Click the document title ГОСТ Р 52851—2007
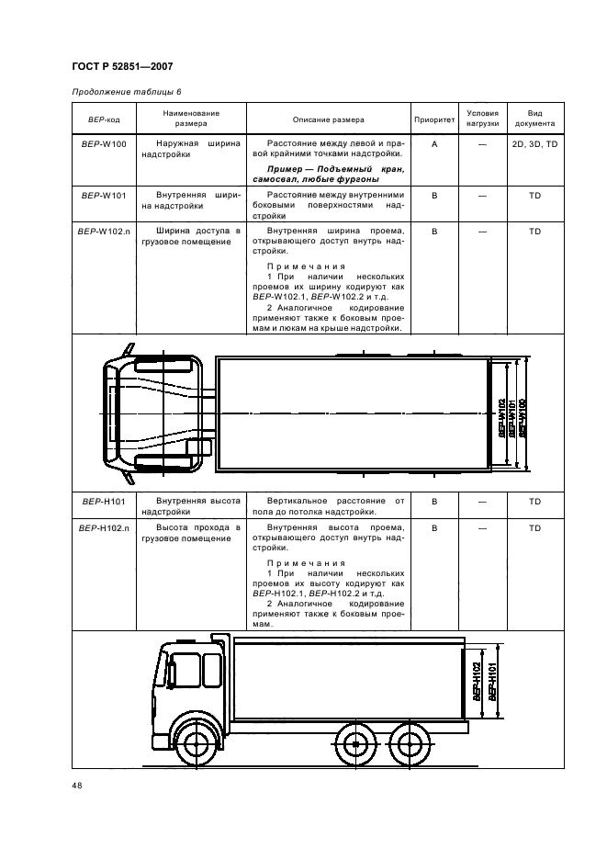(121, 66)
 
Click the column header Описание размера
(328, 119)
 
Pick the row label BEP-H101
(104, 502)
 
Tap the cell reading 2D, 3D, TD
(534, 145)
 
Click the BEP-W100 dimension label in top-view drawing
(522, 414)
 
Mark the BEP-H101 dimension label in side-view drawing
(493, 684)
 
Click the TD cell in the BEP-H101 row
(534, 502)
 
